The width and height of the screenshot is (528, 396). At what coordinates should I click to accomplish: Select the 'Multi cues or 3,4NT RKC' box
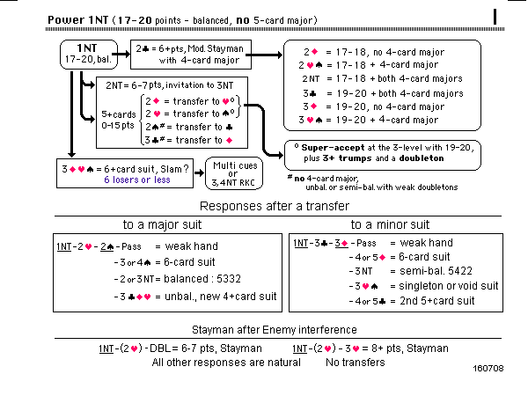(232, 171)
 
